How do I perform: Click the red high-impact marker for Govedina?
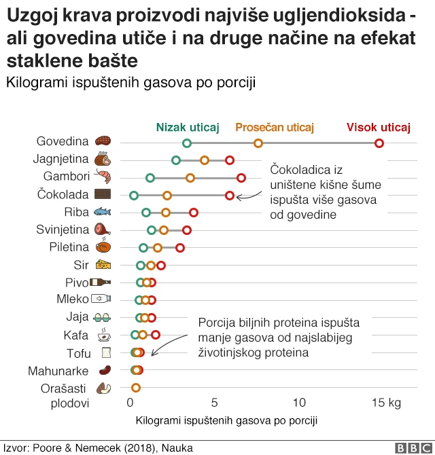pos(379,143)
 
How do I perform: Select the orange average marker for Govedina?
pos(258,143)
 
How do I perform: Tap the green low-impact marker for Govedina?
pos(187,143)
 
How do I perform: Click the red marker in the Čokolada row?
pos(230,196)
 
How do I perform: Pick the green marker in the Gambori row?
pos(150,178)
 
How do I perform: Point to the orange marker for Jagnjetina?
pos(205,160)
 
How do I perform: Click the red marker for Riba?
pos(194,213)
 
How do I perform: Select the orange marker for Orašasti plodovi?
pos(136,388)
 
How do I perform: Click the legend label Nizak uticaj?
pos(188,127)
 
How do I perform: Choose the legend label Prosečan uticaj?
pos(275,127)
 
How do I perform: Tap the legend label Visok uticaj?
pos(379,127)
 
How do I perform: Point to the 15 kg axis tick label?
pos(385,403)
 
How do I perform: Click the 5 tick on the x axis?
pos(214,403)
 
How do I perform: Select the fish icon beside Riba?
pos(103,213)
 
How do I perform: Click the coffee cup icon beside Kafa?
pos(103,335)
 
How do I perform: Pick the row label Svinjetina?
pos(63,230)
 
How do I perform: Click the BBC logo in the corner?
pos(411,448)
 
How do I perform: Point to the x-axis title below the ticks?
pos(227,420)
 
